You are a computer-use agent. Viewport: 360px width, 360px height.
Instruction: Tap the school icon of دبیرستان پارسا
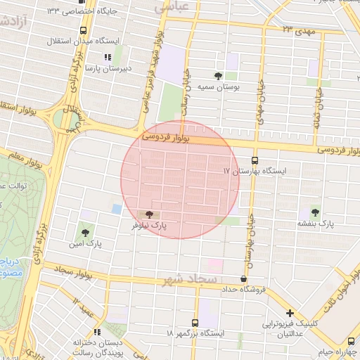pyautogui.click(x=107, y=57)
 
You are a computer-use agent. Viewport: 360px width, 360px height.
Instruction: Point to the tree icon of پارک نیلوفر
pyautogui.click(x=148, y=214)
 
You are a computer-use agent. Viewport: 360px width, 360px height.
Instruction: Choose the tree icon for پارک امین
pyautogui.click(x=86, y=231)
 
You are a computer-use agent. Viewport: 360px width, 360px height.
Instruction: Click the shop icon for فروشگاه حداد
pyautogui.click(x=243, y=278)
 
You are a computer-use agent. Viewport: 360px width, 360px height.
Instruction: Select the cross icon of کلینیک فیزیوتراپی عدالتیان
pyautogui.click(x=290, y=313)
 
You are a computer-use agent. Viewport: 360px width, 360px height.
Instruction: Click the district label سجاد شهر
pyautogui.click(x=190, y=280)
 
